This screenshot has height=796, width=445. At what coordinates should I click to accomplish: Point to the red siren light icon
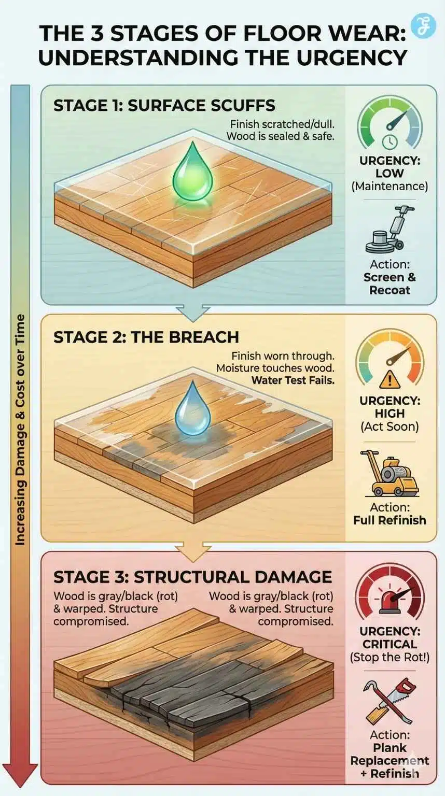390,601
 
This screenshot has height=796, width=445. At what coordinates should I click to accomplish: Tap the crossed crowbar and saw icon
390,702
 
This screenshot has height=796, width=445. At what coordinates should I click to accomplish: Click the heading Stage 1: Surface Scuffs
164,106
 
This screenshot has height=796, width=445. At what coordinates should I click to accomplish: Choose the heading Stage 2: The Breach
146,337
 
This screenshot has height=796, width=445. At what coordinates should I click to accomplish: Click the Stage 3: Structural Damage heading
192,577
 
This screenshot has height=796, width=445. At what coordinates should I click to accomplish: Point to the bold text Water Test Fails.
293,380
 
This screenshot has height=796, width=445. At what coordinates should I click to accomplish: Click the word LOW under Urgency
390,174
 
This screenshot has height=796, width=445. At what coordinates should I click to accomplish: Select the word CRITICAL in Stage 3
390,644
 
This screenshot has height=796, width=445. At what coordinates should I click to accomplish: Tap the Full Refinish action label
390,520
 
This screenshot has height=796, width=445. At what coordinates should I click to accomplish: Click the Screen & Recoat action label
390,283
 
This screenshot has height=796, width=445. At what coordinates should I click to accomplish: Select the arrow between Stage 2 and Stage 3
193,550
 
